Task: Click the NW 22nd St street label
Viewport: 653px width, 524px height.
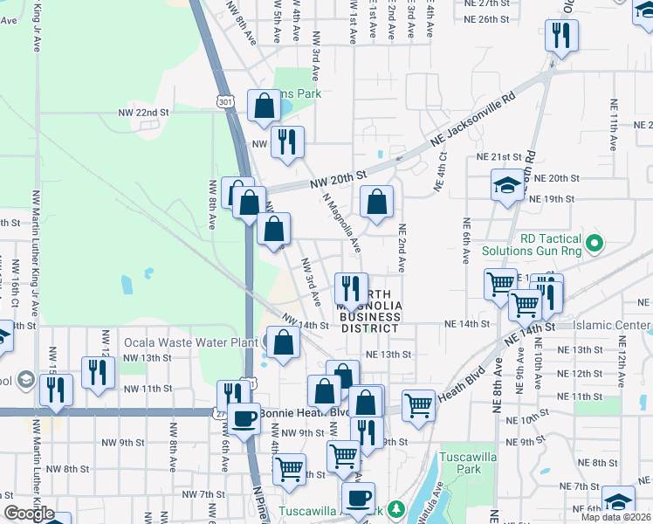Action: pos(143,114)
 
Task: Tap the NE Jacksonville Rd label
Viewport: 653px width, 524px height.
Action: pos(472,122)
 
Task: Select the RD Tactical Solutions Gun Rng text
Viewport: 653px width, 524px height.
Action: pos(550,245)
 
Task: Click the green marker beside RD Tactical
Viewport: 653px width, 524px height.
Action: pos(595,242)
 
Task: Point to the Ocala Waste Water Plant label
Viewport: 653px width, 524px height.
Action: pos(190,342)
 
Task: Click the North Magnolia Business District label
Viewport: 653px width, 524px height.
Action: pos(370,311)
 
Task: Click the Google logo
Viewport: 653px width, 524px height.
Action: pos(28,514)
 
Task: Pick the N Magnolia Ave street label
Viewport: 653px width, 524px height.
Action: pos(343,222)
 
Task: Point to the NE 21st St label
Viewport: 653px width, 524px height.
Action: pos(498,156)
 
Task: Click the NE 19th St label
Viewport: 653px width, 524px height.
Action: pos(554,199)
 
